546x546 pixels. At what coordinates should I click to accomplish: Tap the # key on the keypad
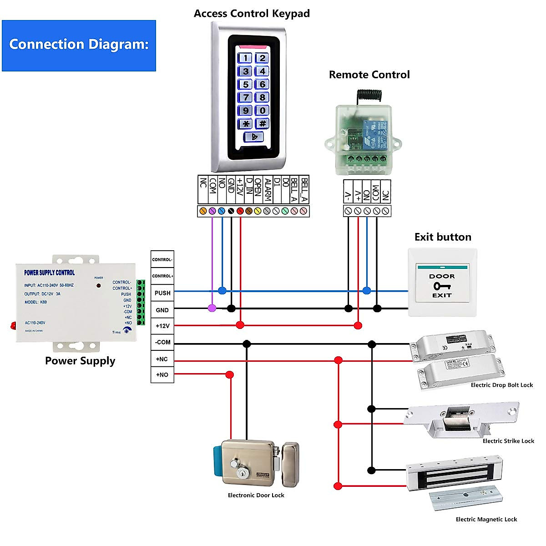pos(262,123)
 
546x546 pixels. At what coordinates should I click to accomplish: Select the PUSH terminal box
pos(162,293)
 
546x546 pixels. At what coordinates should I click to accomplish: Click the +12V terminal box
pos(162,326)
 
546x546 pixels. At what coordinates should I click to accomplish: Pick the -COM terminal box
pos(162,342)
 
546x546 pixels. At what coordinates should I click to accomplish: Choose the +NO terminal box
pos(162,375)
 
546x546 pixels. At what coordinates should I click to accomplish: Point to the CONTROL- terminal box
pos(162,259)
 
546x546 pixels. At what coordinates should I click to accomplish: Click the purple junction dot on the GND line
pos(212,308)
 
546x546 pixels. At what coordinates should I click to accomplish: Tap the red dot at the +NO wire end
pos(230,375)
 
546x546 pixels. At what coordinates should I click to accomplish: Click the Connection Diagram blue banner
pos(79,45)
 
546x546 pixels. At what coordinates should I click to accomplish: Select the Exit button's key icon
pos(441,286)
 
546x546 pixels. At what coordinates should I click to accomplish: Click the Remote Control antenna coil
pos(364,95)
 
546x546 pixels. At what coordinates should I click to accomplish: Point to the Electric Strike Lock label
pos(508,441)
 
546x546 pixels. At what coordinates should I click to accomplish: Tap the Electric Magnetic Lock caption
pos(486,519)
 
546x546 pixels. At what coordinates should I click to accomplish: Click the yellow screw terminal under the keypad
pos(258,211)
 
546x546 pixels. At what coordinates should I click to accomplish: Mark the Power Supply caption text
pos(80,361)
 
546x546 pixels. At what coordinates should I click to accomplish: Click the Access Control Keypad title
pos(252,14)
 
